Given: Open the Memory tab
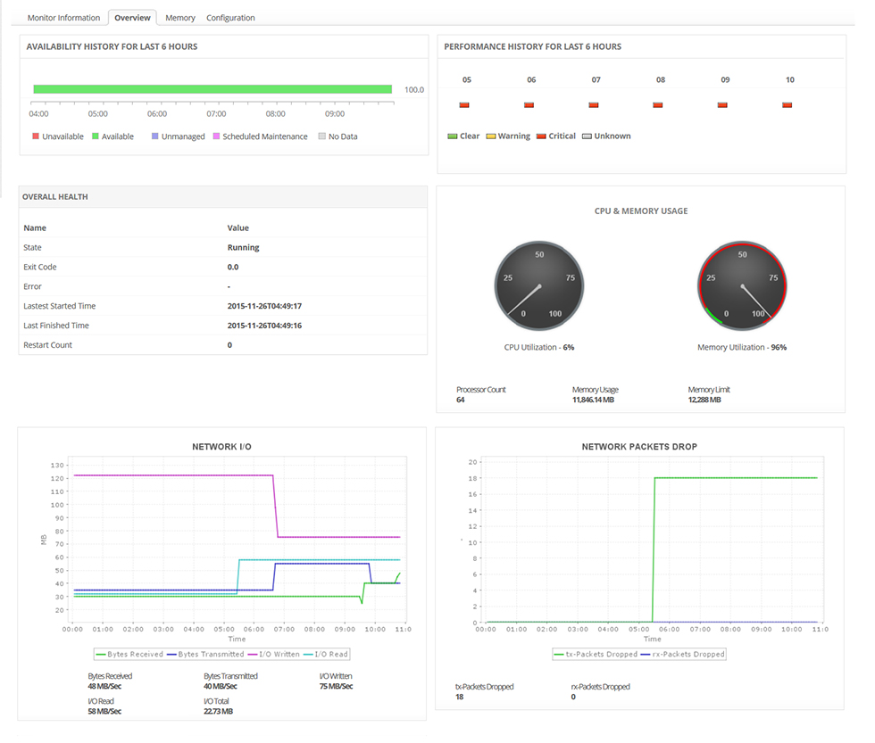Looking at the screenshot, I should tap(180, 18).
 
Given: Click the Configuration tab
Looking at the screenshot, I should tap(230, 18).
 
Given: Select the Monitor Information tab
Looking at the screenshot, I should tap(63, 18).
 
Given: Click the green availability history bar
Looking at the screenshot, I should tap(212, 89).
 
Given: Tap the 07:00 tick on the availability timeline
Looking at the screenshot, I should tap(216, 114).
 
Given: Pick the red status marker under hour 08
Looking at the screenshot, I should tap(658, 105).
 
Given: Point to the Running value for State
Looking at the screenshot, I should tap(243, 248).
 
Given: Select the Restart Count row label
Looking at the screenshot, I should tap(48, 345).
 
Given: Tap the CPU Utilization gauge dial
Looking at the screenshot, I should tap(538, 285).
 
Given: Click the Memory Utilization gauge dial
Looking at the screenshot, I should tap(742, 285).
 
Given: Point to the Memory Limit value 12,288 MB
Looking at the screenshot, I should tap(704, 400).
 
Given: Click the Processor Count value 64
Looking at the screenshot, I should tap(461, 400).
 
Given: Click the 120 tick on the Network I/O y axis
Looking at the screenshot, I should tap(57, 479).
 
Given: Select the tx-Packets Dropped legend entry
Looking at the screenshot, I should tap(597, 655).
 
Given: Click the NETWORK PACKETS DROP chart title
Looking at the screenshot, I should tap(639, 446).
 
